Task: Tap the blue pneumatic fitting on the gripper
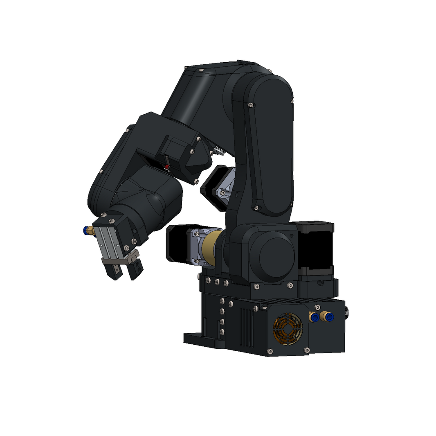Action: [86, 231]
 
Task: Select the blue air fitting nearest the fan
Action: [313, 316]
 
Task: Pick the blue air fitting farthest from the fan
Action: [328, 316]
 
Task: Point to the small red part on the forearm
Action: [167, 167]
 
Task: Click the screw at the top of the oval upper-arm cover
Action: [250, 105]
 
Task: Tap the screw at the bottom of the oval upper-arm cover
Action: [256, 208]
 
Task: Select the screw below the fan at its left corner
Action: [270, 351]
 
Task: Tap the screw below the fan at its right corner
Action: [307, 350]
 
